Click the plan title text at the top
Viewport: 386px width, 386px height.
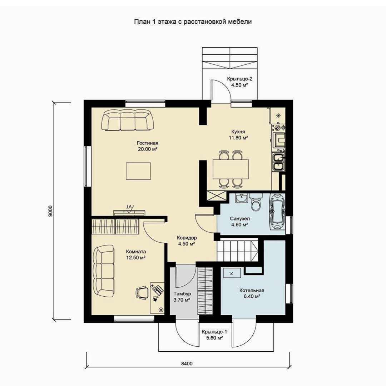[x=193, y=22]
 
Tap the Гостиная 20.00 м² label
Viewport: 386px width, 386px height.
[x=148, y=146]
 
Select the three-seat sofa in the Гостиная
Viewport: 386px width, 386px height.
[x=127, y=120]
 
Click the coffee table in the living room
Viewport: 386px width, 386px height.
[x=138, y=171]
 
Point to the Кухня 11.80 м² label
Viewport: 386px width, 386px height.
[x=238, y=135]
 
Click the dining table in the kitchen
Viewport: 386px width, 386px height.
[x=231, y=169]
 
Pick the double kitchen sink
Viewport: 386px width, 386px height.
[x=278, y=162]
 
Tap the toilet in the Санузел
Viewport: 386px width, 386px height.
[x=256, y=202]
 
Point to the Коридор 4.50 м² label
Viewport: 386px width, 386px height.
[x=187, y=241]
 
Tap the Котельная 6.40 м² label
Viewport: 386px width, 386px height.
[x=252, y=293]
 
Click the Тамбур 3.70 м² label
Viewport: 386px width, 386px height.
[x=182, y=297]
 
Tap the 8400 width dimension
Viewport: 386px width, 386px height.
[x=187, y=363]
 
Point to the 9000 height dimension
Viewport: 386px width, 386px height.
[x=50, y=211]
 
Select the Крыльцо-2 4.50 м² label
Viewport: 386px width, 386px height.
[x=239, y=82]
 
